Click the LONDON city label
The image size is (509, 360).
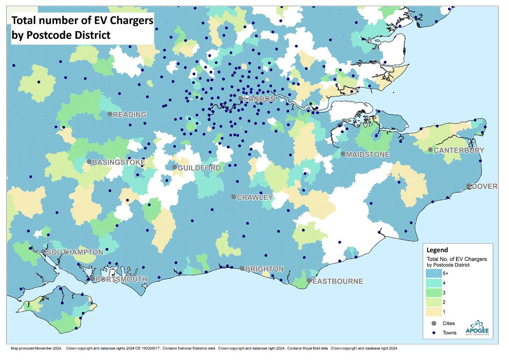(260, 98)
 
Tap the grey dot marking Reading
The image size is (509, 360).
(110, 114)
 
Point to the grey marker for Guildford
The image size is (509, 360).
(174, 167)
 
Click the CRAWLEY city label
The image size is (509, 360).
(255, 197)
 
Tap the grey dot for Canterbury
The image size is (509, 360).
(430, 149)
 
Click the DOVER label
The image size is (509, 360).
(484, 186)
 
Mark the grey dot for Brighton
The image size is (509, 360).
(242, 268)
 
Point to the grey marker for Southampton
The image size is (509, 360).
(44, 251)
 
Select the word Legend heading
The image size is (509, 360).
(437, 250)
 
